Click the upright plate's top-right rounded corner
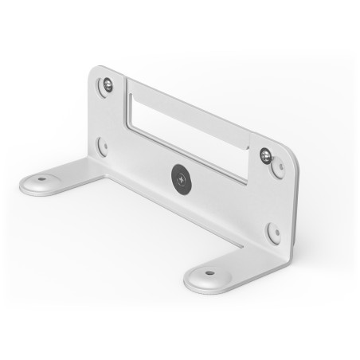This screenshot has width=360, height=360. (x=292, y=151)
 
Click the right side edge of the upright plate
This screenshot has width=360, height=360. (x=294, y=199)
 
